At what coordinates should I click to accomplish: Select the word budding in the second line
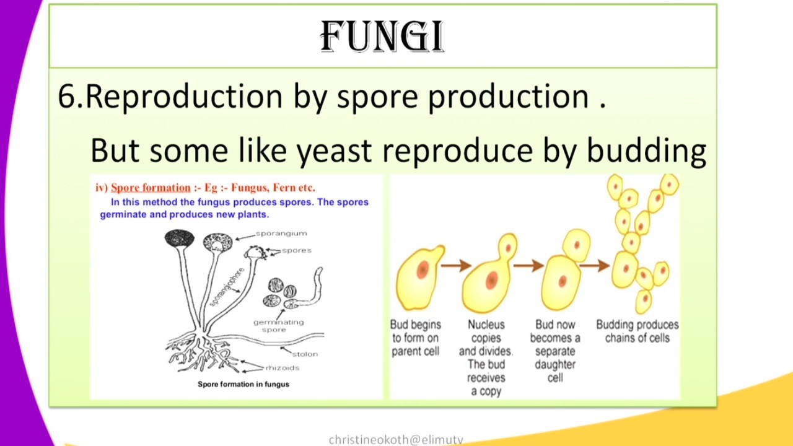tap(646, 151)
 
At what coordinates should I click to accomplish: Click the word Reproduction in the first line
tap(183, 97)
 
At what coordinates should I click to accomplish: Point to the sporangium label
tap(281, 234)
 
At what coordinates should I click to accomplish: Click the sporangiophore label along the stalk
tap(227, 286)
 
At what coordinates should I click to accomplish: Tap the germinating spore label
tap(278, 326)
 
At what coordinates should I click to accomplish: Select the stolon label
tap(305, 354)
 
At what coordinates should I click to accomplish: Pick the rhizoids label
tap(282, 368)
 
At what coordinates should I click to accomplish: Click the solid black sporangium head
tap(179, 238)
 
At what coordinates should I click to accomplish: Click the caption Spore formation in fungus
tap(243, 384)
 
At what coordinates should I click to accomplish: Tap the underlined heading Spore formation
tap(151, 188)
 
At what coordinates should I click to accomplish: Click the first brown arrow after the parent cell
tap(456, 266)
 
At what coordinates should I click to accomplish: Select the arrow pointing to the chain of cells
tap(595, 266)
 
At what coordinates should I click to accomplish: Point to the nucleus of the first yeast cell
tap(423, 269)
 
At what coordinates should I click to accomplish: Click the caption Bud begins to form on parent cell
tap(415, 338)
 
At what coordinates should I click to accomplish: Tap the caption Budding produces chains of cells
tap(637, 331)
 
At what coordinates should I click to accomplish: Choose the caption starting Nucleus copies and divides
tap(486, 357)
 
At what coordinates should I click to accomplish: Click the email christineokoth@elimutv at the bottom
tap(396, 440)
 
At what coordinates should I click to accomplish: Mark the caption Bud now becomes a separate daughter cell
tap(555, 351)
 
